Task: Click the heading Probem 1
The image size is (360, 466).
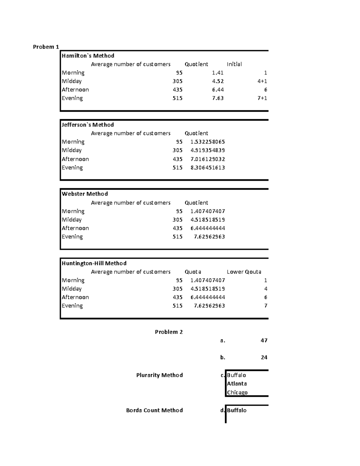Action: click(46, 47)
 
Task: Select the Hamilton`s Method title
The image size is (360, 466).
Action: click(88, 56)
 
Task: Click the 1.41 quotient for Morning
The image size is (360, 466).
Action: click(217, 73)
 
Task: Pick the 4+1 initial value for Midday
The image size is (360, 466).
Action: click(262, 81)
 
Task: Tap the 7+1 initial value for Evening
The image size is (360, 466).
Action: click(262, 98)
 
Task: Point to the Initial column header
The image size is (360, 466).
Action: click(234, 64)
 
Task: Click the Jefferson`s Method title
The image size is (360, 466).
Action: click(88, 125)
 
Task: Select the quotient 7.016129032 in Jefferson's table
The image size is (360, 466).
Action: click(208, 159)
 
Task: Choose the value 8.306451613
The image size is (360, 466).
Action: click(208, 167)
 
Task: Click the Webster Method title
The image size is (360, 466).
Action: click(85, 194)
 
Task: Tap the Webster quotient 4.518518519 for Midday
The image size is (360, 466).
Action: click(208, 220)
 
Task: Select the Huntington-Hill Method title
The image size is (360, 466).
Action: click(94, 263)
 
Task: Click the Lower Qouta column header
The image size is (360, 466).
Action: click(244, 272)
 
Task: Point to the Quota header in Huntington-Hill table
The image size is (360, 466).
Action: click(193, 272)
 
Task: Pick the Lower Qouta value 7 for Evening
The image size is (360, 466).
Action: click(265, 306)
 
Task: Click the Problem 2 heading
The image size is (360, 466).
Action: click(169, 332)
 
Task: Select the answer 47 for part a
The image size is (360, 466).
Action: click(264, 340)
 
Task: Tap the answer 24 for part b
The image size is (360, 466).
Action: click(264, 357)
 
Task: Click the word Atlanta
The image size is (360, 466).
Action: click(237, 383)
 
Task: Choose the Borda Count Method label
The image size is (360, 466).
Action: click(154, 410)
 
